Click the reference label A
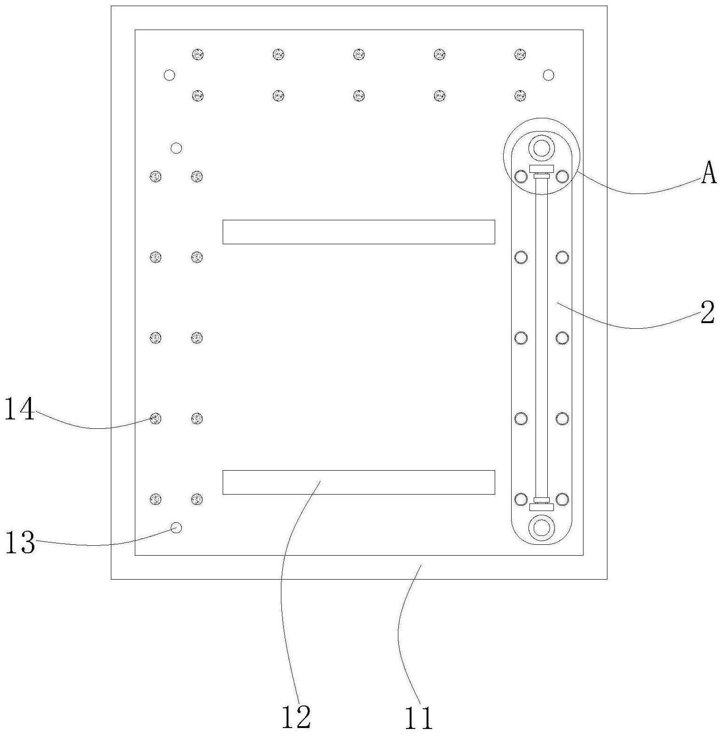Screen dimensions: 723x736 709,173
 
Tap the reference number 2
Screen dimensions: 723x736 707,313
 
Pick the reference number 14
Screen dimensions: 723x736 20,409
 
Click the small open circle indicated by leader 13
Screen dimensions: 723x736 176,528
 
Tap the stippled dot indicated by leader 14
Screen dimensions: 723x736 155,418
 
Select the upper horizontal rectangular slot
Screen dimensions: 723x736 358,232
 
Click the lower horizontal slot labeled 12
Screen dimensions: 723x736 358,482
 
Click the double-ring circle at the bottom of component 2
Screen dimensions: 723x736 541,527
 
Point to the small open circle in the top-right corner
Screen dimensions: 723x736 548,75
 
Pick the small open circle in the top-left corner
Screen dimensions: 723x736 169,75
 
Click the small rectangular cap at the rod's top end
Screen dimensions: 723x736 541,169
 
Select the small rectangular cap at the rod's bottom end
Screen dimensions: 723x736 541,507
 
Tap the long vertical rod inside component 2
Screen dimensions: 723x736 541,338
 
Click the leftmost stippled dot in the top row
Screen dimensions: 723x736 198,54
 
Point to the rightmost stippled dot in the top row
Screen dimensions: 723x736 520,54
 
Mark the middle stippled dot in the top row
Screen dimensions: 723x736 359,54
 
